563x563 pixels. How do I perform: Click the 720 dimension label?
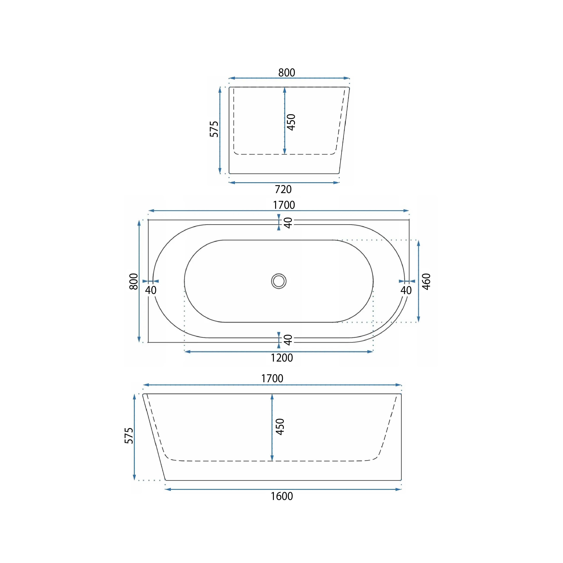pos(283,189)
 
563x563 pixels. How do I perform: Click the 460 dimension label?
pos(426,281)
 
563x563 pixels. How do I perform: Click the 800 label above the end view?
pos(287,73)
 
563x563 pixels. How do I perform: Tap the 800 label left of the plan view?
pos(133,281)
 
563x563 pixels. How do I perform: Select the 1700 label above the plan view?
pos(284,205)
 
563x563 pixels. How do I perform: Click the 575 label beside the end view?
pos(214,129)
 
